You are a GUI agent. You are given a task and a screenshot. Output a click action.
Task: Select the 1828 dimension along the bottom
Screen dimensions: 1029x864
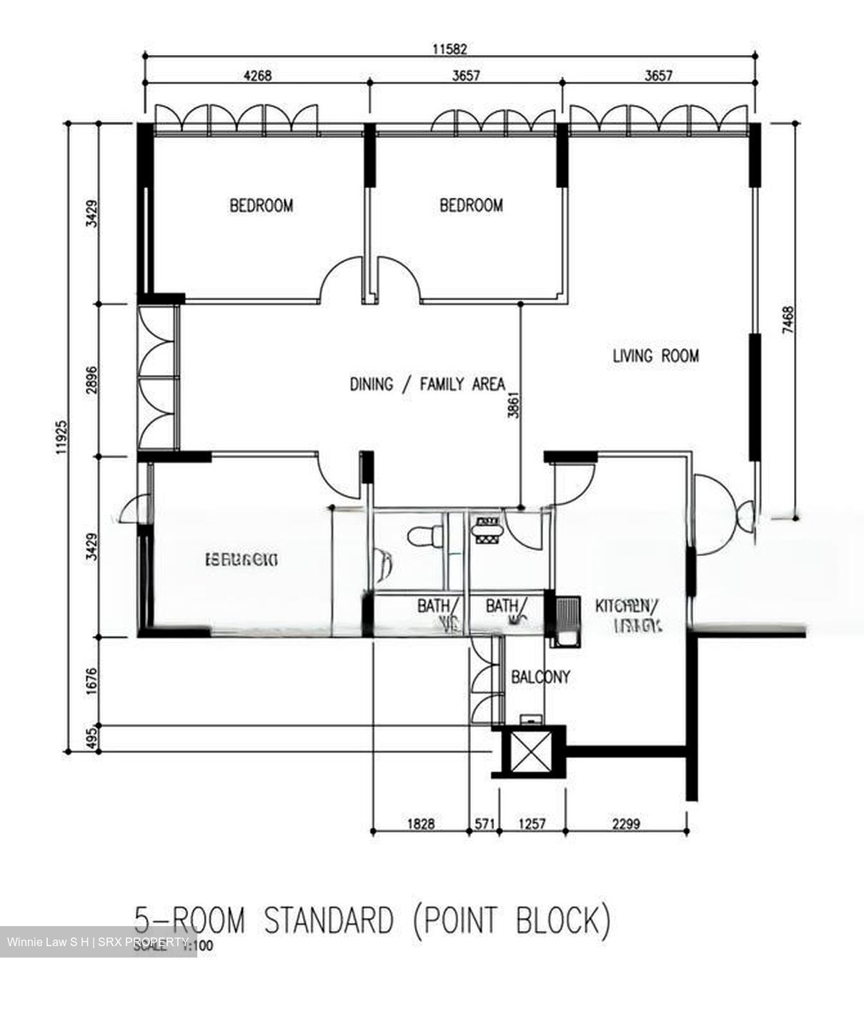(421, 824)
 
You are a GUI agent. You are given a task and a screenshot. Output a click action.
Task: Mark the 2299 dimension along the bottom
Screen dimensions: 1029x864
(625, 824)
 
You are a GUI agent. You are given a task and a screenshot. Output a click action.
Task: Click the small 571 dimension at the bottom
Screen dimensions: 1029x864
(485, 824)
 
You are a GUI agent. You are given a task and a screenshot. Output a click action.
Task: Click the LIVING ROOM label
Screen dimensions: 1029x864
(655, 355)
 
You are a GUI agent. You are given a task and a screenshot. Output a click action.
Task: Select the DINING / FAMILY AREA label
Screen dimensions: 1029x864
(427, 384)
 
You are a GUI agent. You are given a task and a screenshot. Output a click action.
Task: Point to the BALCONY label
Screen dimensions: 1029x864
(540, 676)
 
